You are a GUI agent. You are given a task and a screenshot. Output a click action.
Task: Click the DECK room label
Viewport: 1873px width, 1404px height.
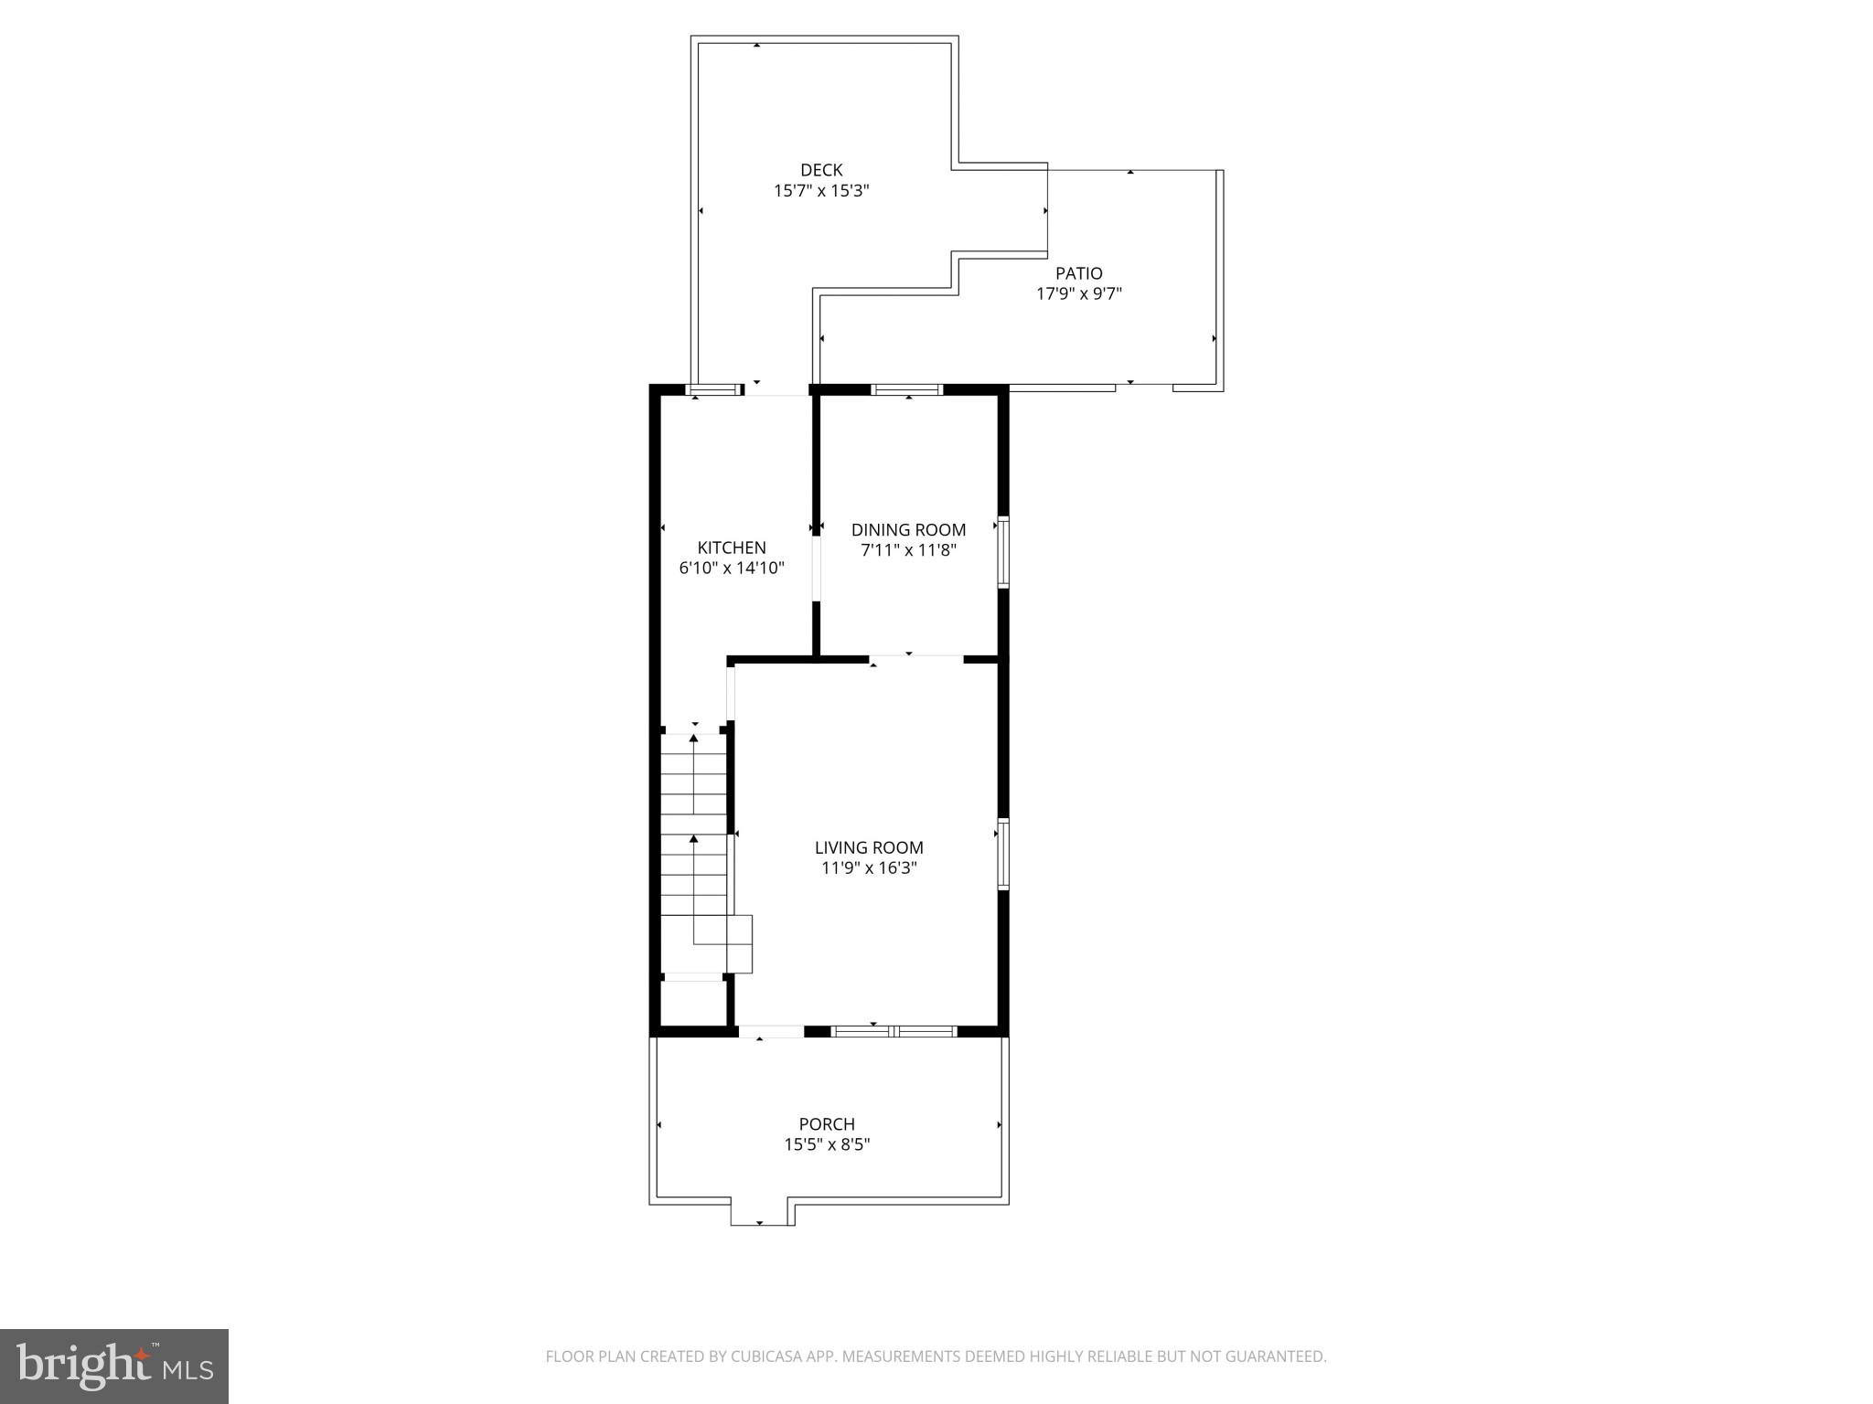pyautogui.click(x=821, y=170)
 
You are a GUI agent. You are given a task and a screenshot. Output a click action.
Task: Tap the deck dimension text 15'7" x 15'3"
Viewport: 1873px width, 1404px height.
pyautogui.click(x=821, y=191)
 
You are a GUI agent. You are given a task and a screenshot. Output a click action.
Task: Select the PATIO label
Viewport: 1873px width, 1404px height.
pyautogui.click(x=1078, y=273)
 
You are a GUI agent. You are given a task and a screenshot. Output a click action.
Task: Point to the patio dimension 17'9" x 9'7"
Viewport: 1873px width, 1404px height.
pyautogui.click(x=1078, y=294)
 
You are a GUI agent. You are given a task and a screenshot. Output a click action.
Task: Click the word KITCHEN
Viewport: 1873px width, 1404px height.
pyautogui.click(x=732, y=548)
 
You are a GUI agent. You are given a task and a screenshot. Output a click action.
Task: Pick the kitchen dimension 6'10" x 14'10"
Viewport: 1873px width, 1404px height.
pyautogui.click(x=732, y=569)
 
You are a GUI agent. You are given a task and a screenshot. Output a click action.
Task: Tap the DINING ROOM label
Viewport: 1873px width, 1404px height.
pyautogui.click(x=908, y=530)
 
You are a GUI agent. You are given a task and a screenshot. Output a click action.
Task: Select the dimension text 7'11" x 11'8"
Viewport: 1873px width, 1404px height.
pyautogui.click(x=908, y=550)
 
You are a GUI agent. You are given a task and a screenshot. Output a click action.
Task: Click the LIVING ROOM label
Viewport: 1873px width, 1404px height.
pyautogui.click(x=869, y=848)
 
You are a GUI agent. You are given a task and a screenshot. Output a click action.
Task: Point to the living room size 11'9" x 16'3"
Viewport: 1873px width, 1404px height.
pyautogui.click(x=869, y=868)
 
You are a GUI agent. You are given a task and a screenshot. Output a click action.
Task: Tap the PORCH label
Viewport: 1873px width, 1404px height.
pyautogui.click(x=827, y=1124)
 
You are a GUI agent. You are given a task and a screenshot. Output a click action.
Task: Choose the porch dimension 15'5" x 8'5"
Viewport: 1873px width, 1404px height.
pyautogui.click(x=827, y=1144)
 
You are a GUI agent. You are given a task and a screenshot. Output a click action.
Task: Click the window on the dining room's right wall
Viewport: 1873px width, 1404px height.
pyautogui.click(x=1002, y=552)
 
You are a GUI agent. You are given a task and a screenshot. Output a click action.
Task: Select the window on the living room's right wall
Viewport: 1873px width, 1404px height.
pyautogui.click(x=1002, y=854)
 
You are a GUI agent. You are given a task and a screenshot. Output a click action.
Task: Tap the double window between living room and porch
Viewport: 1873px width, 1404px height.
pyautogui.click(x=894, y=1031)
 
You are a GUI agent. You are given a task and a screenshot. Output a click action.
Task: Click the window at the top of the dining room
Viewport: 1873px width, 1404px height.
pyautogui.click(x=906, y=389)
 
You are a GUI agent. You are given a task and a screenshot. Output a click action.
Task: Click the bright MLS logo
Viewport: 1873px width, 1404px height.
pyautogui.click(x=114, y=1367)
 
